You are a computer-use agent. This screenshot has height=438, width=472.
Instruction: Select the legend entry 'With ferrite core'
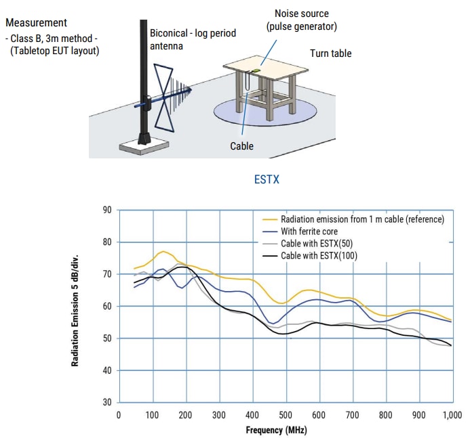(310, 232)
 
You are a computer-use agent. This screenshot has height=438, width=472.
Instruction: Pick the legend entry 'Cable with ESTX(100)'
(319, 255)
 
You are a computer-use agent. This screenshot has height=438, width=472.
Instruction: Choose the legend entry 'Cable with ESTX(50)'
(317, 244)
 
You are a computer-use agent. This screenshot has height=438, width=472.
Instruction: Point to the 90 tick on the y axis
(107, 210)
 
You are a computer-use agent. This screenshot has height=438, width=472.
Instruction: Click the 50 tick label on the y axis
(107, 338)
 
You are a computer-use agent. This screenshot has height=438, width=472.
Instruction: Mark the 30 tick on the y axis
(107, 402)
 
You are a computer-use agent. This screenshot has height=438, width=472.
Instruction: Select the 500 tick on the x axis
(286, 414)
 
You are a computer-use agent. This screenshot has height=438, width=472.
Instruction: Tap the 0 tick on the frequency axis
(119, 414)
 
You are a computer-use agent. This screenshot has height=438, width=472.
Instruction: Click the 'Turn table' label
(331, 53)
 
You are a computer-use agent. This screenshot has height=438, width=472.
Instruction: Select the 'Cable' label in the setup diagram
(241, 146)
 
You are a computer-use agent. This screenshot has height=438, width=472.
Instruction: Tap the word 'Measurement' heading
(36, 23)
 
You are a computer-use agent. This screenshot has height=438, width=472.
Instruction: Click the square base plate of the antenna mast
(144, 146)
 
